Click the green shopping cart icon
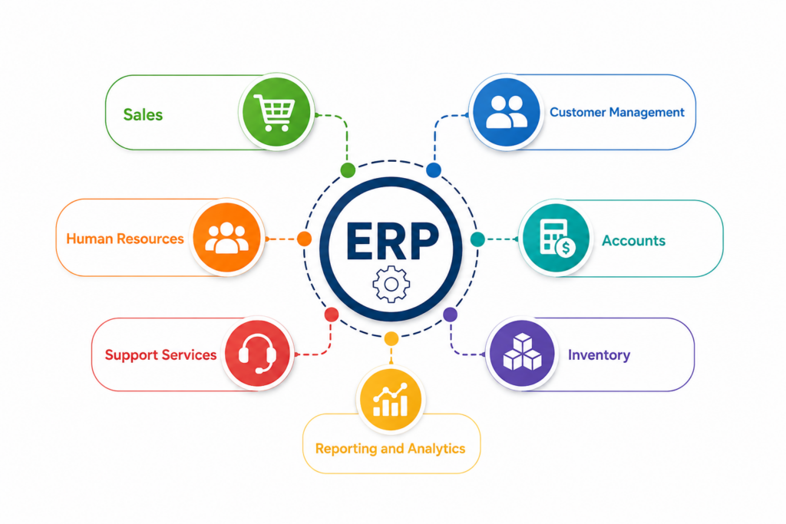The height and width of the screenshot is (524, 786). click(x=276, y=112)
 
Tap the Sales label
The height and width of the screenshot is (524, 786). click(x=143, y=115)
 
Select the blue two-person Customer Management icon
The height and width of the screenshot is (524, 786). click(x=507, y=112)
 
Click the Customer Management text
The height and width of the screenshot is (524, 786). click(x=616, y=112)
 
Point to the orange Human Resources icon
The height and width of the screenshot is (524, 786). click(x=227, y=238)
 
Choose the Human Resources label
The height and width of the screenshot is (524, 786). click(x=125, y=239)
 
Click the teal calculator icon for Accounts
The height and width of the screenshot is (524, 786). click(x=556, y=238)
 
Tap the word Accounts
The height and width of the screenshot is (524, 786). click(x=633, y=240)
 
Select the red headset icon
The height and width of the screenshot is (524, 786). click(x=257, y=353)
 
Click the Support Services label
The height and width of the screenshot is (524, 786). click(x=160, y=354)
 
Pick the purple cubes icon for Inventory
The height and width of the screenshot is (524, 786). click(x=522, y=353)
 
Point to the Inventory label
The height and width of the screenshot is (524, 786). click(x=599, y=354)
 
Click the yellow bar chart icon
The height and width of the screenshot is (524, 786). click(x=391, y=399)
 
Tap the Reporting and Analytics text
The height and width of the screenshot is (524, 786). click(x=390, y=448)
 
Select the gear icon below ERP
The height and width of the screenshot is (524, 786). click(x=391, y=285)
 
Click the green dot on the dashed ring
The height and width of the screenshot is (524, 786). click(x=348, y=170)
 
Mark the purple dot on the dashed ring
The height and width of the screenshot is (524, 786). click(x=450, y=315)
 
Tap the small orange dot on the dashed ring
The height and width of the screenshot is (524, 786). click(x=304, y=239)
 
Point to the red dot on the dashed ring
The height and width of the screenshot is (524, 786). click(x=332, y=315)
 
